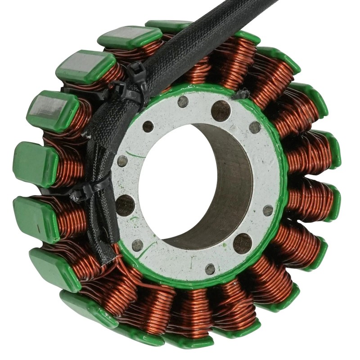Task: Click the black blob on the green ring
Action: [x=243, y=94]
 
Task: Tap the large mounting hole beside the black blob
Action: [x=220, y=110]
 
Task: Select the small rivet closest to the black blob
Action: [x=255, y=127]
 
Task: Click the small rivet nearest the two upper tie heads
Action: [x=148, y=126]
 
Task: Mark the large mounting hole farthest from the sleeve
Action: [x=243, y=243]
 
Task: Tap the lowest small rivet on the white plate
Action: [x=210, y=269]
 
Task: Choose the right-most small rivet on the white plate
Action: [x=268, y=210]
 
